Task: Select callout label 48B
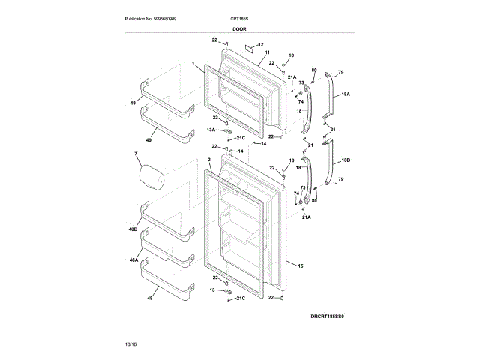pos(132,229)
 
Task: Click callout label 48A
pos(133,259)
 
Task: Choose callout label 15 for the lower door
pos(300,265)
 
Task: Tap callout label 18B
pos(346,160)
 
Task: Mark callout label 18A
pos(346,95)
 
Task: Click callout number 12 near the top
pos(261,46)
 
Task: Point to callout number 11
pos(267,53)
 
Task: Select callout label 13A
pos(212,130)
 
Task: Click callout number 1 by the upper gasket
pos(193,64)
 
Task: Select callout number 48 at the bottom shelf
pos(129,298)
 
